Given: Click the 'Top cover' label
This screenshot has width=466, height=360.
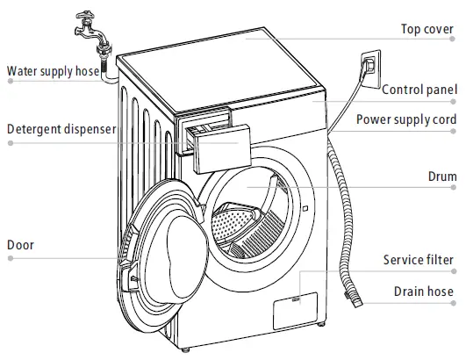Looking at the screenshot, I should coord(428,29).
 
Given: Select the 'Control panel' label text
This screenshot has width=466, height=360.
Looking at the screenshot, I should coord(419,89).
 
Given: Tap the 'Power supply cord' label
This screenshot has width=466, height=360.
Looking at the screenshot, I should coord(406,119).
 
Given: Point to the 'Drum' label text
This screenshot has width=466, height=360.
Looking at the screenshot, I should coord(441,176).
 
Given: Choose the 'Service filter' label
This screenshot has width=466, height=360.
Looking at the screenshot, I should coord(418,260).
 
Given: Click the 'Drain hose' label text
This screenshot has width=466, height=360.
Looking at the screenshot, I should coord(423,292).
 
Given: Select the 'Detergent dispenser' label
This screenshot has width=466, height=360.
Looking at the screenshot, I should coord(61,130).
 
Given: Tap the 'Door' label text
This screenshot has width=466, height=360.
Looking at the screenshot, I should coord(20,245).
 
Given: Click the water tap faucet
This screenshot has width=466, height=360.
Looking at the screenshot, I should coord(88,22).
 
